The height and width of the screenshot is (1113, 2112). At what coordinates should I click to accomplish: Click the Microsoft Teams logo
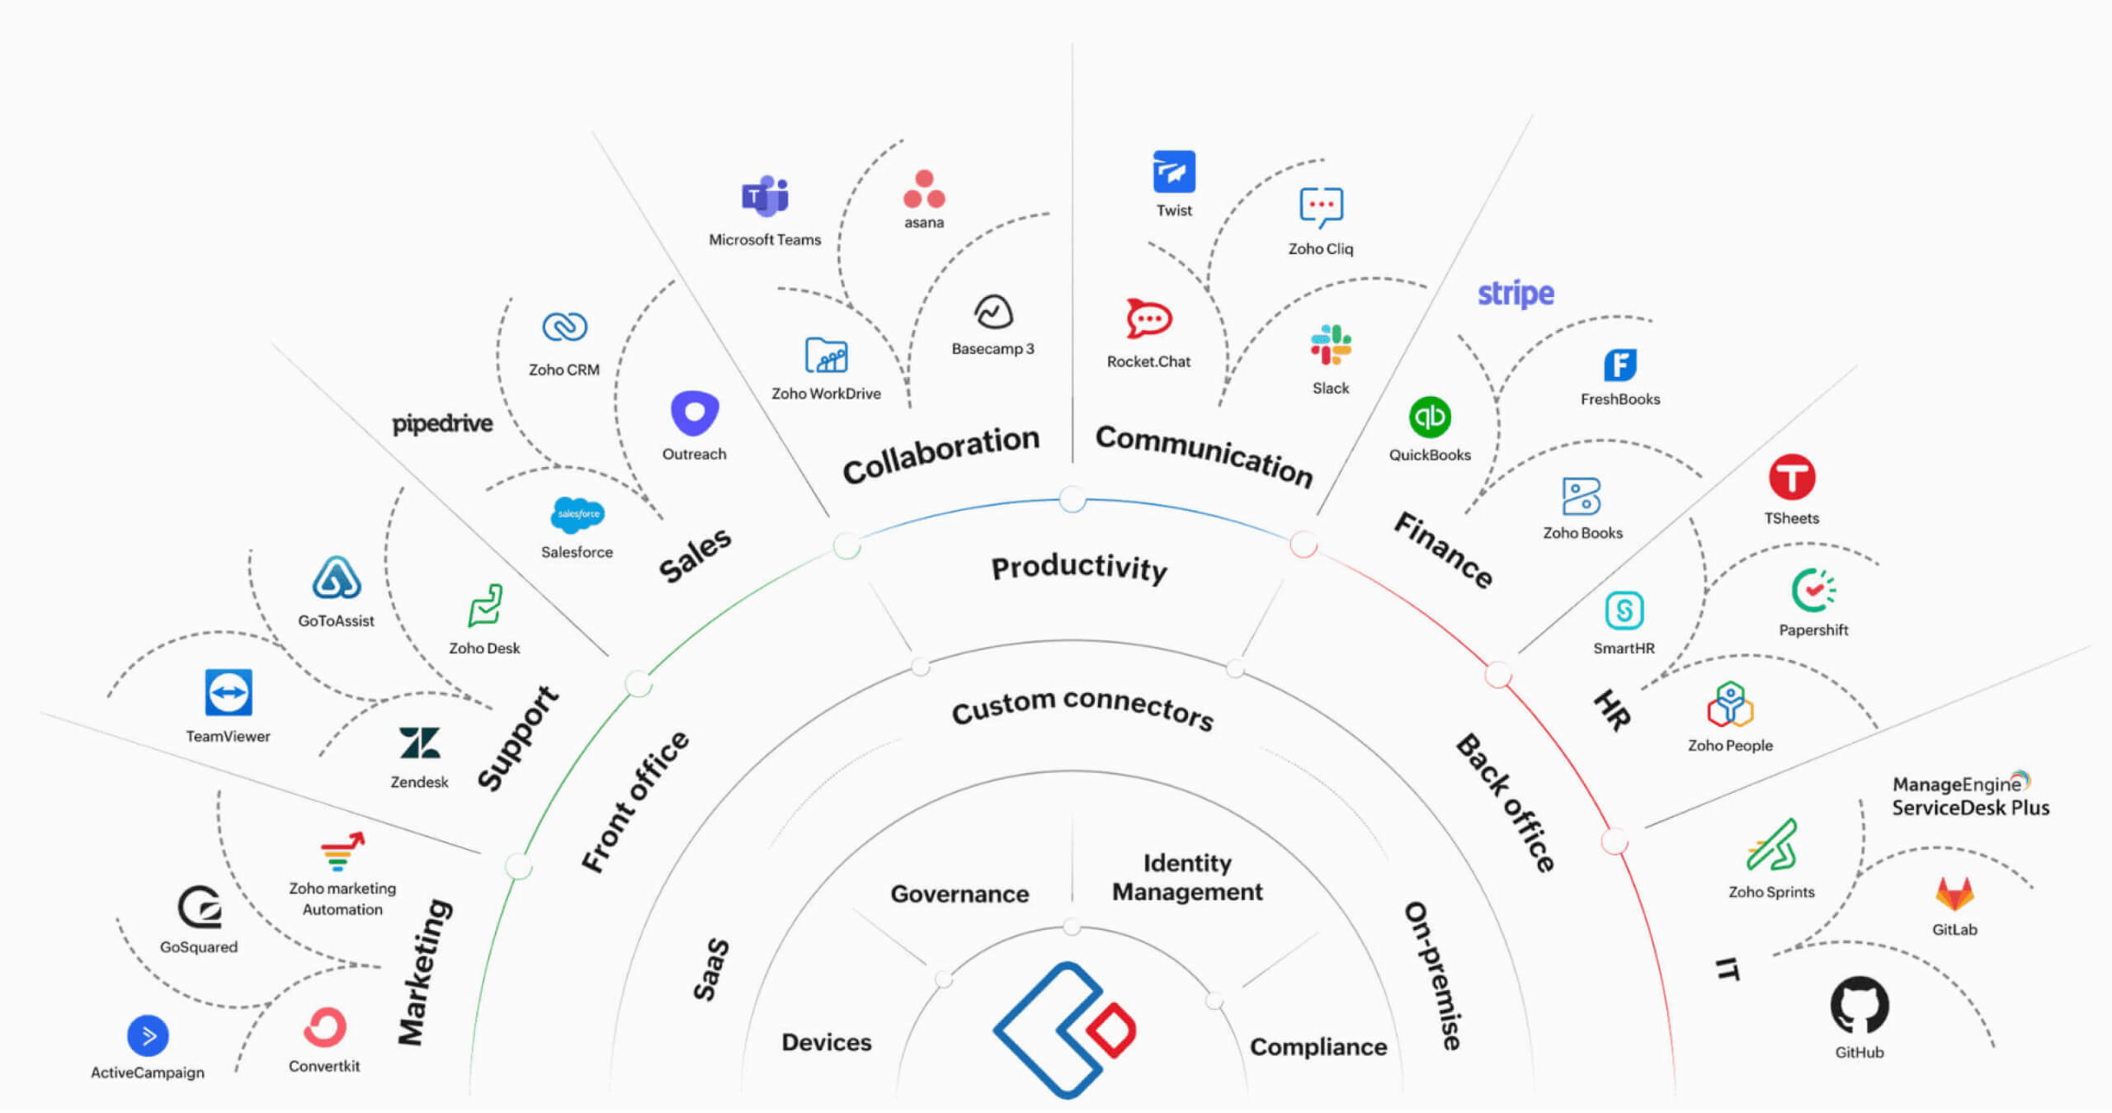point(765,196)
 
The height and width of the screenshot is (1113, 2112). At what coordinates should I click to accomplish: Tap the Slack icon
point(1331,345)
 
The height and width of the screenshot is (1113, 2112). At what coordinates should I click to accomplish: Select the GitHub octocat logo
point(1859,1005)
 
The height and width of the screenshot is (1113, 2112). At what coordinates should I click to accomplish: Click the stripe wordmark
point(1516,294)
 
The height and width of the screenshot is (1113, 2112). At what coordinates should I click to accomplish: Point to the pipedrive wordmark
point(442,423)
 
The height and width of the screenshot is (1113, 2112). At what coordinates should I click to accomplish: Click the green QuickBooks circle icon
point(1429,417)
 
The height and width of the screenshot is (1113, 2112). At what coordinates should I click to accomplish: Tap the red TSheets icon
point(1791,477)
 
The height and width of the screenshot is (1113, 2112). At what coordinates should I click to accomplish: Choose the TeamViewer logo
point(229,692)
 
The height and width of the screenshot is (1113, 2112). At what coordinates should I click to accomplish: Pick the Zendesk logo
point(419,743)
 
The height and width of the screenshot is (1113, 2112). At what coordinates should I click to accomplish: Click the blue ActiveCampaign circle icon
point(148,1035)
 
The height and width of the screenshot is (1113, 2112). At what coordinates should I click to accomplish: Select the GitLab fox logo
point(1954,894)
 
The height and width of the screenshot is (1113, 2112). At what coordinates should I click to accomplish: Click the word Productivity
point(1079,568)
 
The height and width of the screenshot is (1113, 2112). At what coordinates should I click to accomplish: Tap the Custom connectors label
point(1082,707)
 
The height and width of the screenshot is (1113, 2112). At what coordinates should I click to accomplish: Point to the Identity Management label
point(1187,877)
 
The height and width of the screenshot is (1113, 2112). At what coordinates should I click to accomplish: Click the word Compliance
point(1318,1046)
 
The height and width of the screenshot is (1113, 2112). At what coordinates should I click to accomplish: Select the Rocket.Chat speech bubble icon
point(1148,318)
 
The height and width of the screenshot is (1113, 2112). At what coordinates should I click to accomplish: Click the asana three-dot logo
point(924,190)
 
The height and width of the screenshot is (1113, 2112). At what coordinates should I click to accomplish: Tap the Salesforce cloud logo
point(577,515)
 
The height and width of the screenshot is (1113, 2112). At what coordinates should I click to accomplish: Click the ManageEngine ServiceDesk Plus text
point(1969,795)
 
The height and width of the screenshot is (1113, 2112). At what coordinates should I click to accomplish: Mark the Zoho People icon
point(1730,705)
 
